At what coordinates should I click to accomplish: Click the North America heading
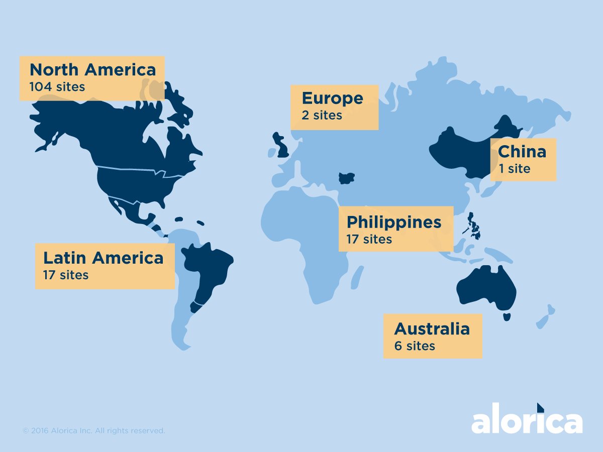93,69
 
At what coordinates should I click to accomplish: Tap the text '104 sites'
57,87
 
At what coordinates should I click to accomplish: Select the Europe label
332,98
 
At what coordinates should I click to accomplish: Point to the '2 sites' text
322,116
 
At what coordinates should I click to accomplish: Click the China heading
522,152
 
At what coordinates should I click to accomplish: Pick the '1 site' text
514,169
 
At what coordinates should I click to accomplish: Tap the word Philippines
394,222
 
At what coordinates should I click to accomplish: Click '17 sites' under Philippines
369,239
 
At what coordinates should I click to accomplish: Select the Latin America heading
104,258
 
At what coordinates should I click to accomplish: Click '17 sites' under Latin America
66,275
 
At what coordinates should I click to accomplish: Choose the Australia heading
432,329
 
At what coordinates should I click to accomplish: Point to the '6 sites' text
415,346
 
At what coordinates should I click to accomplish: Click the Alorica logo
527,421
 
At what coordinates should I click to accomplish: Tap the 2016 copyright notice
94,431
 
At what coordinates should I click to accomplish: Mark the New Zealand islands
545,316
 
